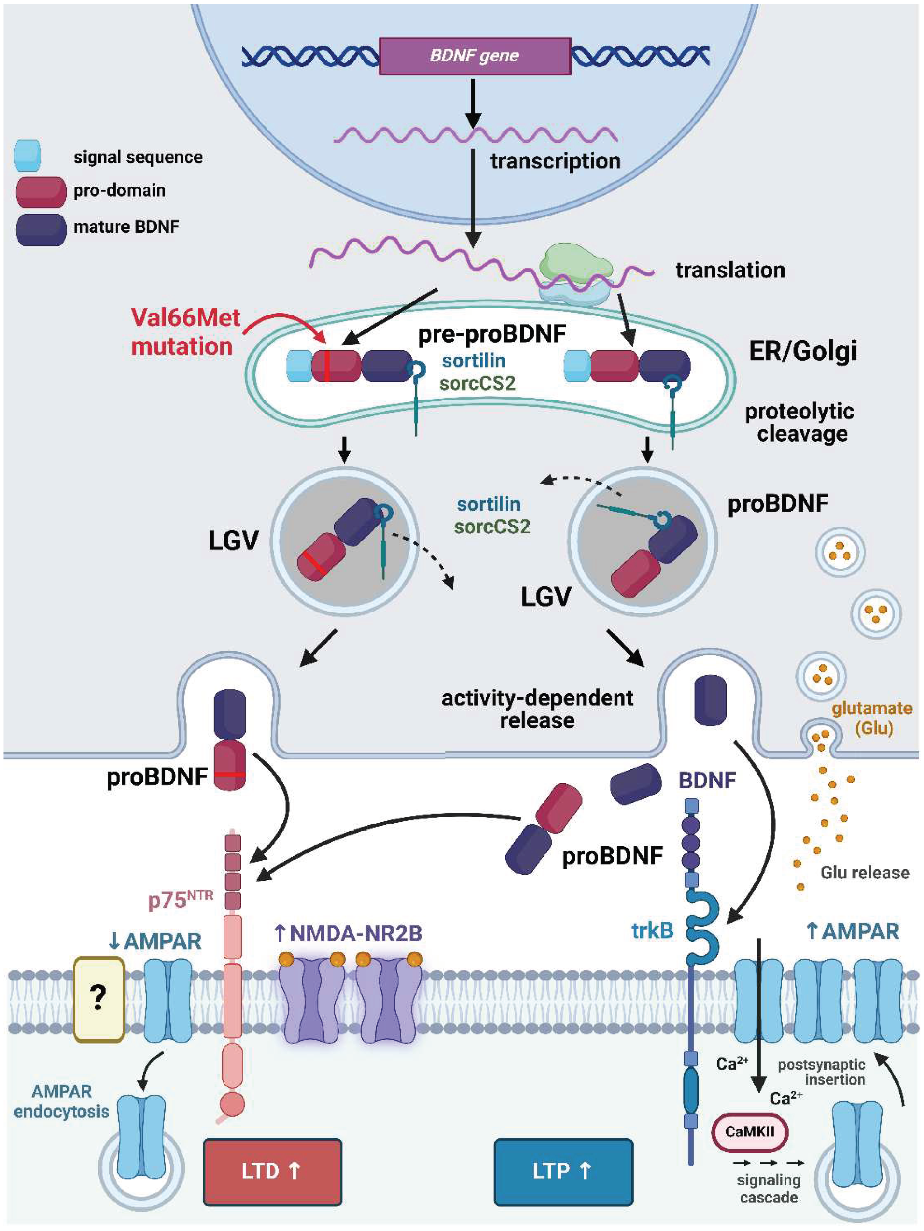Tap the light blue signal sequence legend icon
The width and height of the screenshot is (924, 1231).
point(27,155)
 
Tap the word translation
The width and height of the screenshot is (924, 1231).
point(730,271)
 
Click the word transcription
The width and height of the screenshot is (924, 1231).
point(555,161)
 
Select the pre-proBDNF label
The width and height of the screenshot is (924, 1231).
point(492,334)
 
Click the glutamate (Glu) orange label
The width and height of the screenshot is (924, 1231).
point(872,718)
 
